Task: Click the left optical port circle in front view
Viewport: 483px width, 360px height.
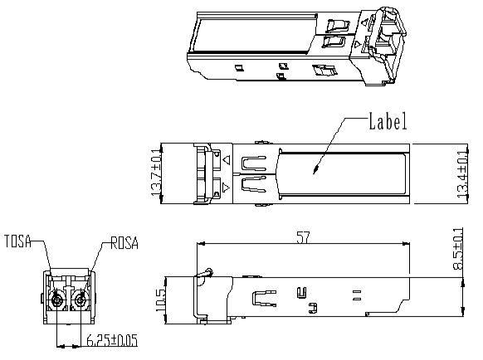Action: (57, 299)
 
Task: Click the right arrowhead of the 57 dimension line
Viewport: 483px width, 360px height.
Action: (411, 244)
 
